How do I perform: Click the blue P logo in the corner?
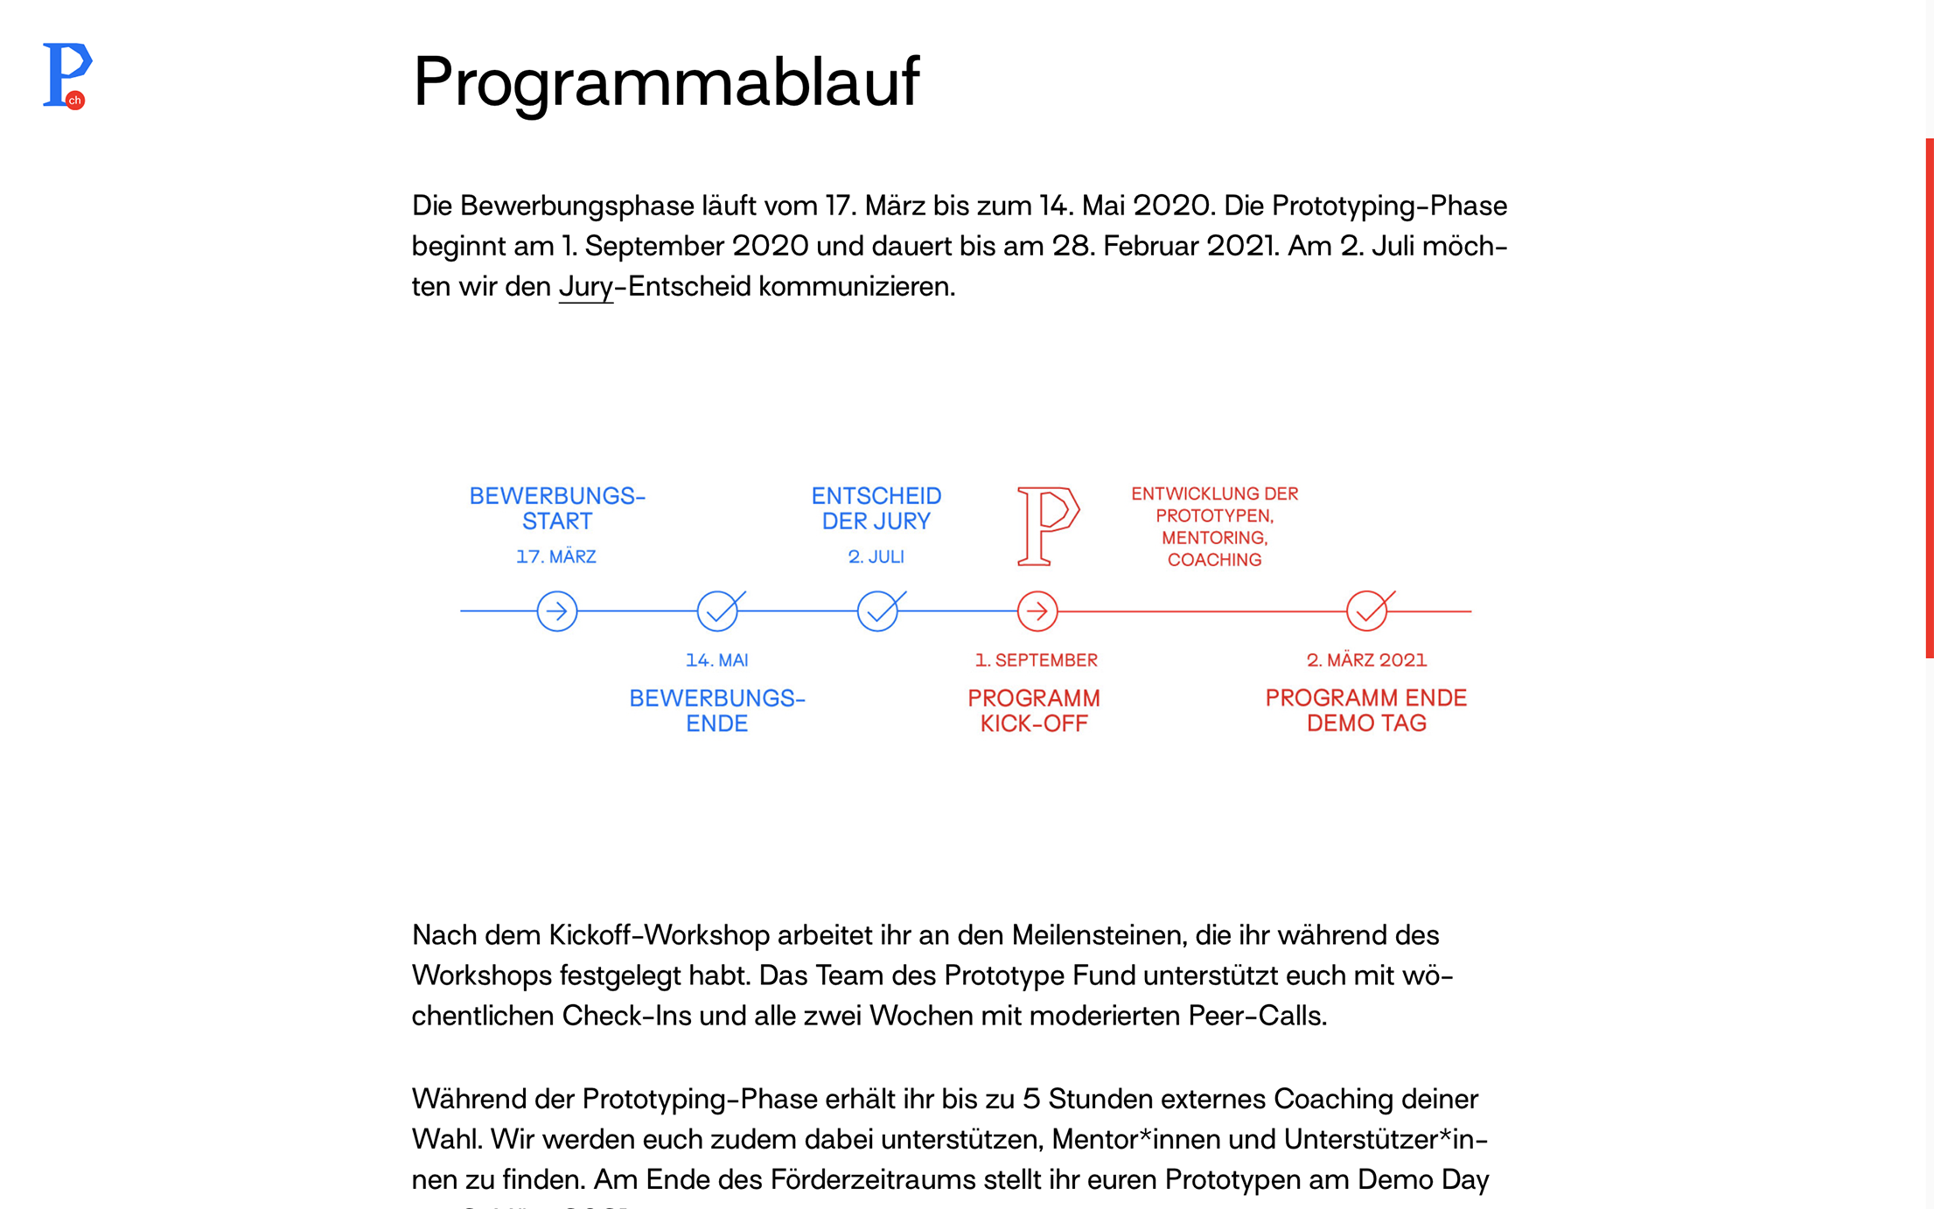pyautogui.click(x=66, y=75)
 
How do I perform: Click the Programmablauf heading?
pyautogui.click(x=666, y=81)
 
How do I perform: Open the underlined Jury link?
pyautogui.click(x=585, y=287)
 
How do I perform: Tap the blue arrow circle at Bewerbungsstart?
pyautogui.click(x=556, y=611)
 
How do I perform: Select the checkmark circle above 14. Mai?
pyautogui.click(x=717, y=611)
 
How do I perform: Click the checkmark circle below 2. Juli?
pyautogui.click(x=877, y=611)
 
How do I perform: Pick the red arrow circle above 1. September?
pyautogui.click(x=1037, y=611)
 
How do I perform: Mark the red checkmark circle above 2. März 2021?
pyautogui.click(x=1366, y=611)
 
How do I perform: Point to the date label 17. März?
pyautogui.click(x=556, y=557)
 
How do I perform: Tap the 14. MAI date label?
pyautogui.click(x=717, y=660)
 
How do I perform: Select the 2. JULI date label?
pyautogui.click(x=876, y=557)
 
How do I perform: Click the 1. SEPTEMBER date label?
pyautogui.click(x=1037, y=660)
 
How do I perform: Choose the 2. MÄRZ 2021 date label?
pyautogui.click(x=1366, y=660)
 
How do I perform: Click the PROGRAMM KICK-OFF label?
pyautogui.click(x=1034, y=710)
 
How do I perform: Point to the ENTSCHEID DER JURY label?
pyautogui.click(x=876, y=508)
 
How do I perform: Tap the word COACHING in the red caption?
pyautogui.click(x=1214, y=560)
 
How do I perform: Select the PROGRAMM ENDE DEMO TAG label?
pyautogui.click(x=1366, y=710)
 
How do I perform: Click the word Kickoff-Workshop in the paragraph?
pyautogui.click(x=659, y=935)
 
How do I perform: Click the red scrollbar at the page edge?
pyautogui.click(x=1929, y=398)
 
